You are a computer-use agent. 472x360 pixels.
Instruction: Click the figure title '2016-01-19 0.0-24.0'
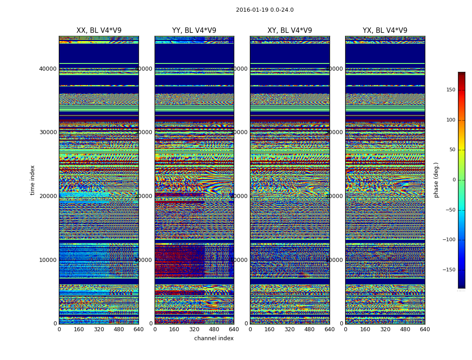tap(265, 10)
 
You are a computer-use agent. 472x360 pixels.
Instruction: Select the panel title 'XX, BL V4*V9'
tap(99, 31)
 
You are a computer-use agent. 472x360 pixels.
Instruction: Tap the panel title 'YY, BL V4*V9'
tap(194, 31)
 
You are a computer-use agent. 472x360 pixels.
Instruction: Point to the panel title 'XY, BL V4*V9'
tap(289, 31)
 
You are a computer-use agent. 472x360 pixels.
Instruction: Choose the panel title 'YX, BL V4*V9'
tap(385, 31)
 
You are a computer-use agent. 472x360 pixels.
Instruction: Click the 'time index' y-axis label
tap(32, 180)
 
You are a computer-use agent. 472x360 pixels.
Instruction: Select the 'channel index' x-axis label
tap(214, 338)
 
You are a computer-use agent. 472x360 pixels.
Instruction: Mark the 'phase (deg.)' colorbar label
tap(436, 180)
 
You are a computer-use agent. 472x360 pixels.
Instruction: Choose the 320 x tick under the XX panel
tap(99, 329)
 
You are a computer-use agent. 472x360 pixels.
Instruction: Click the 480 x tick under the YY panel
tap(214, 329)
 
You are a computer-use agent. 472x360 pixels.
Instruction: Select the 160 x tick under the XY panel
tap(270, 329)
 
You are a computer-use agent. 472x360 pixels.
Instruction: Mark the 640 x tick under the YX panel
tap(425, 329)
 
